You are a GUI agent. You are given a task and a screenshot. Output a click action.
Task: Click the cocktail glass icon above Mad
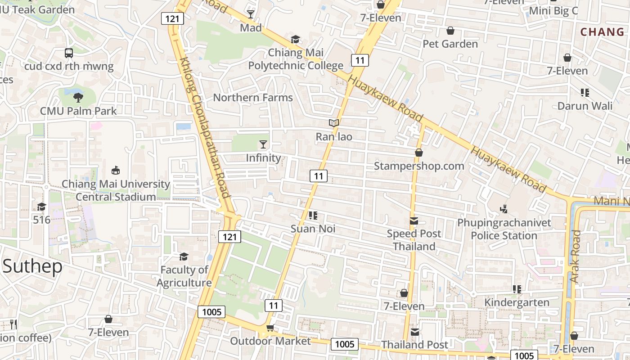pyautogui.click(x=251, y=14)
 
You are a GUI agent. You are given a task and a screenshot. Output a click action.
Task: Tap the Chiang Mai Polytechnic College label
pyautogui.click(x=296, y=59)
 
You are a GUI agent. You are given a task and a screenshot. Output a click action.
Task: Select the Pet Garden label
pyautogui.click(x=450, y=44)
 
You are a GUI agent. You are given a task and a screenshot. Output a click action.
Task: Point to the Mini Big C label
pyautogui.click(x=553, y=11)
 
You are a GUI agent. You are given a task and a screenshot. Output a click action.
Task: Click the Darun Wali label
pyautogui.click(x=585, y=106)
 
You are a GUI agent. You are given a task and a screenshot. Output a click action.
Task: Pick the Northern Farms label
pyautogui.click(x=252, y=97)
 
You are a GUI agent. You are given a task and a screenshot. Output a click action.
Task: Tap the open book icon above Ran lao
pyautogui.click(x=333, y=123)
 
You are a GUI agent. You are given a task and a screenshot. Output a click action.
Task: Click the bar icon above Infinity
pyautogui.click(x=263, y=144)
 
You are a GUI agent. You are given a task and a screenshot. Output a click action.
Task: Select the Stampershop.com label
pyautogui.click(x=419, y=166)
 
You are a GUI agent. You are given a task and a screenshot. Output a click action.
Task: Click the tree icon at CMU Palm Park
pyautogui.click(x=78, y=97)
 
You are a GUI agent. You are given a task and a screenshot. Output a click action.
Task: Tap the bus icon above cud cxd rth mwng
pyautogui.click(x=69, y=53)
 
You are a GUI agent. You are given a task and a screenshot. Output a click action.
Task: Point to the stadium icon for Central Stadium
pyautogui.click(x=116, y=170)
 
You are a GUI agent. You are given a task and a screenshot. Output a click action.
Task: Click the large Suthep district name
pyautogui.click(x=32, y=266)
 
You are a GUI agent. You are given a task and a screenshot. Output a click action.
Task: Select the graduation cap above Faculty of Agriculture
pyautogui.click(x=184, y=256)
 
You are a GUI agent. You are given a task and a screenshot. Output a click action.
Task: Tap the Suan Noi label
pyautogui.click(x=313, y=229)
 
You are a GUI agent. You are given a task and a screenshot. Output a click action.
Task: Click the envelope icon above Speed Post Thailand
pyautogui.click(x=414, y=220)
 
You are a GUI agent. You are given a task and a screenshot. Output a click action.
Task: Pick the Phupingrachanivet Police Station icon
pyautogui.click(x=504, y=209)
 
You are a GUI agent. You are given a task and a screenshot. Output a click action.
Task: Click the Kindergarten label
pyautogui.click(x=517, y=302)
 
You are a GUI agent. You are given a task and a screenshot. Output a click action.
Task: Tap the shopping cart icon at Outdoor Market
pyautogui.click(x=270, y=328)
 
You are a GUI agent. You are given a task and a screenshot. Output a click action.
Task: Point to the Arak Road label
pyautogui.click(x=575, y=256)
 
